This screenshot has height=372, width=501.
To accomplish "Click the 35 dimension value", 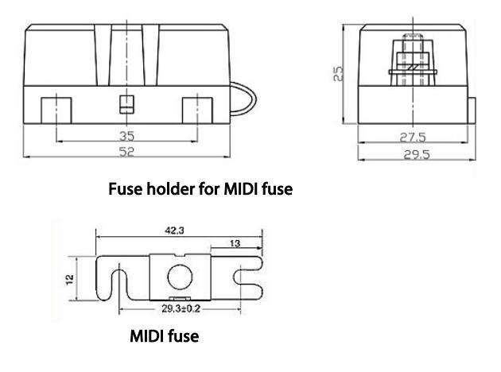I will [126, 134].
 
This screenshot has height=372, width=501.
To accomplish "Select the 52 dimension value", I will [126, 149].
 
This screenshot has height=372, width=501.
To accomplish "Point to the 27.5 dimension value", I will [412, 137].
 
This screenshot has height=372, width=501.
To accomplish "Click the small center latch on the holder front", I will [123, 103].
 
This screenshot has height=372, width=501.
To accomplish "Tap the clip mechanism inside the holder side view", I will [411, 64].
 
